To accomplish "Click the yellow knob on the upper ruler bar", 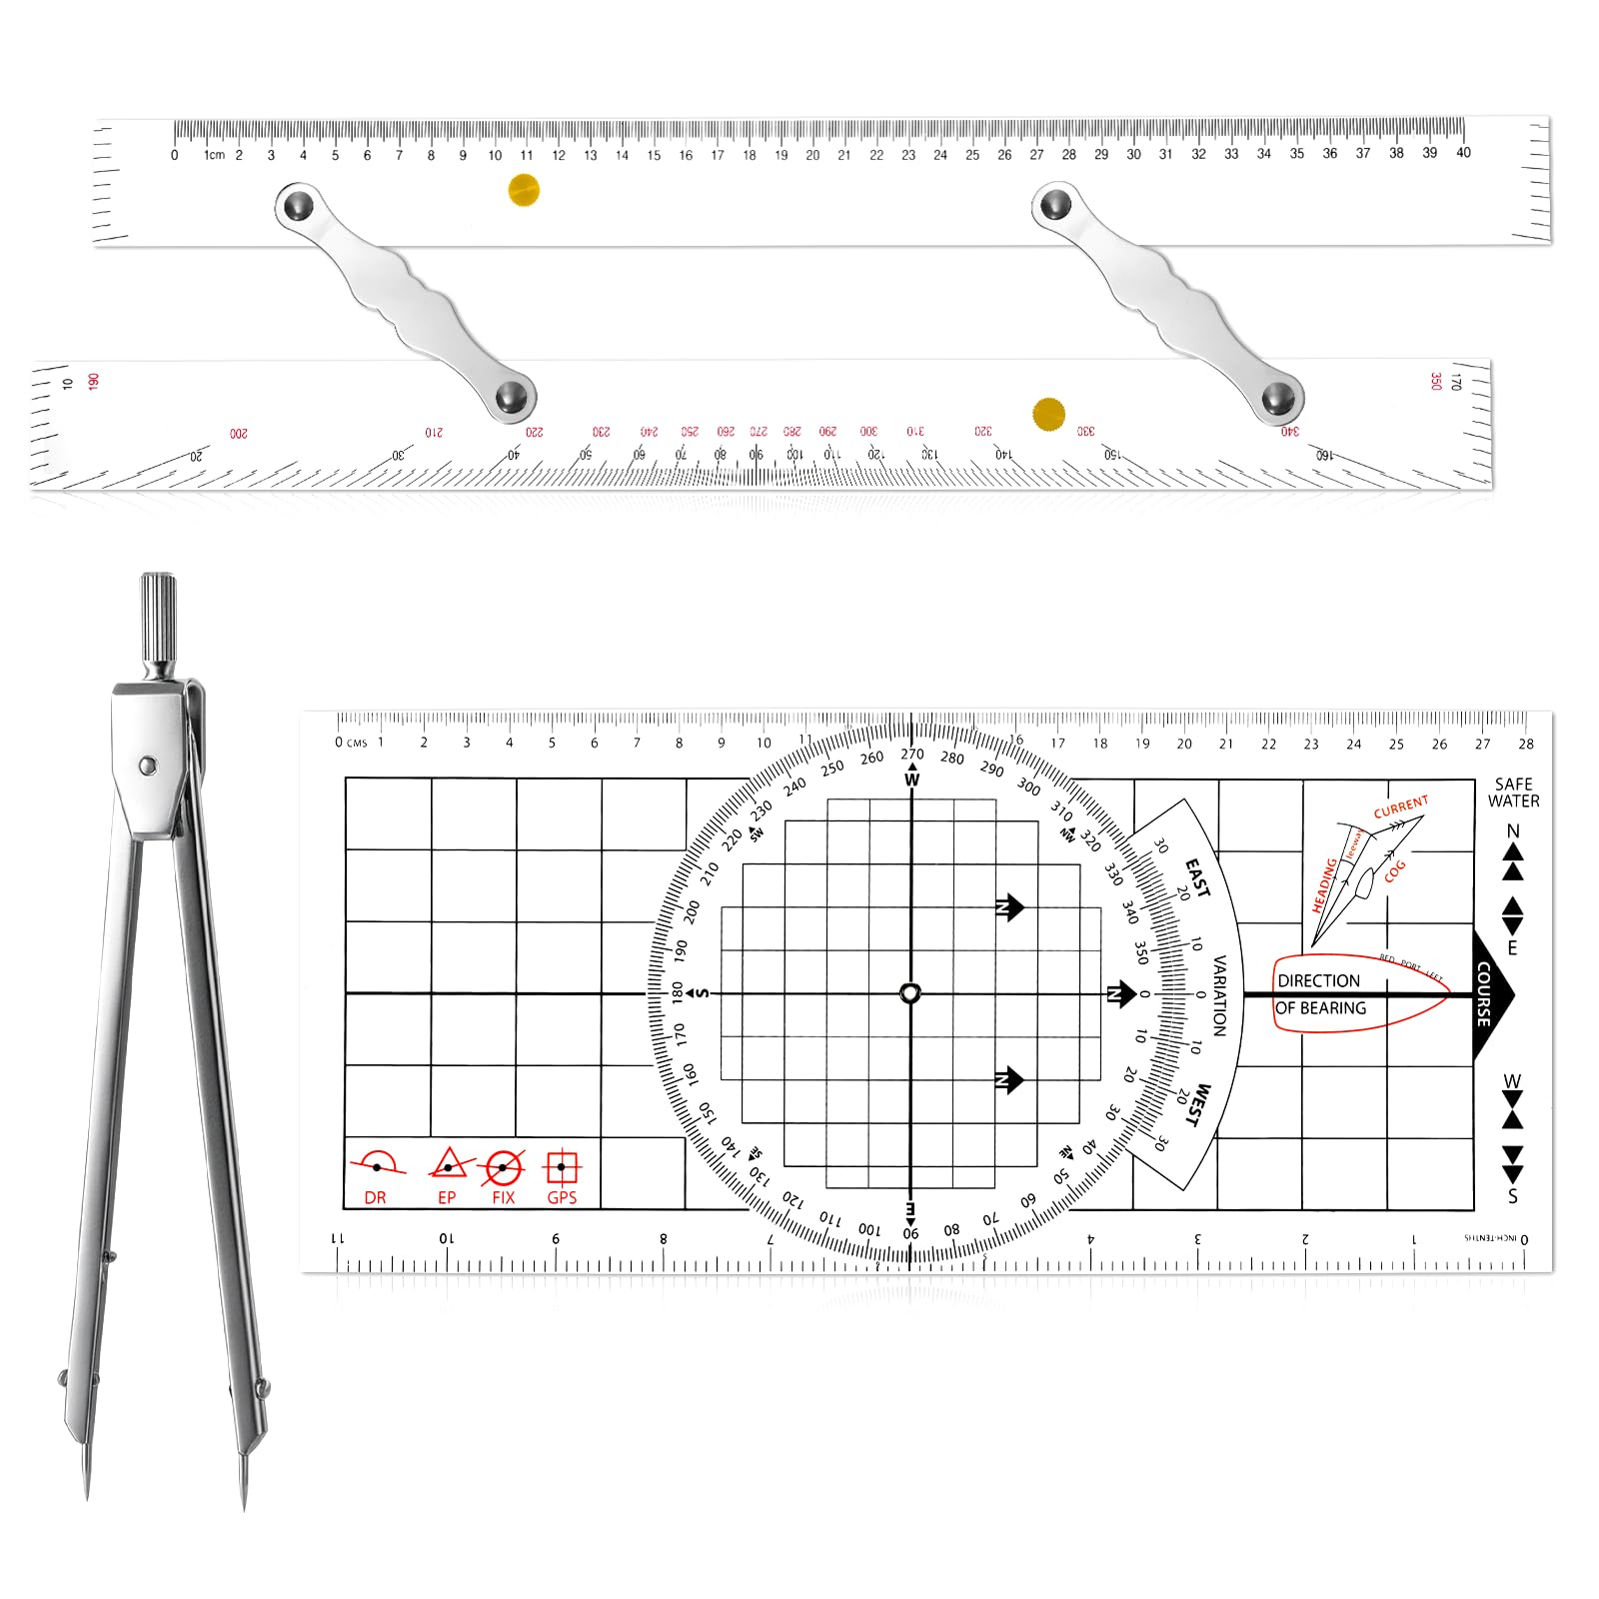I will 524,190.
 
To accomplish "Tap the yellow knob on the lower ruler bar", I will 1048,414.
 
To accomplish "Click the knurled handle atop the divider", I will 158,616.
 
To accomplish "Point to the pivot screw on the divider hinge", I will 148,766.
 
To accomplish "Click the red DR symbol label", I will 375,1197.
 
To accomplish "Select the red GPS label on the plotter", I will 562,1197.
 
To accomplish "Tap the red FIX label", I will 504,1197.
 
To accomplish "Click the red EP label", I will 447,1197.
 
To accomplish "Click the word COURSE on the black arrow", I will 1484,994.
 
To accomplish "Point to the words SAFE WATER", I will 1513,793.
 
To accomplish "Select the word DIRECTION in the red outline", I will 1318,981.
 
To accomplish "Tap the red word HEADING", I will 1324,885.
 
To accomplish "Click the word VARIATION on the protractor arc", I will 1219,995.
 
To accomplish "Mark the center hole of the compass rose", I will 910,993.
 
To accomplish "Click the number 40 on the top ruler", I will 1463,153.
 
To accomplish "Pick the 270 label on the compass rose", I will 912,755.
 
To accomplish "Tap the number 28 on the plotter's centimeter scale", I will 1526,744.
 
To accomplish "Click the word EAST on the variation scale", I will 1197,877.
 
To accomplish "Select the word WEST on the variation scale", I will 1197,1105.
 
